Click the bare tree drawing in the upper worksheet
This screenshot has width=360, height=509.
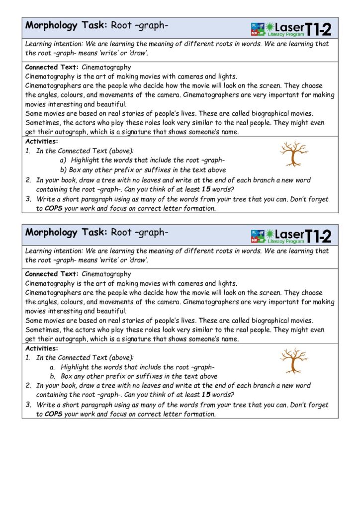point(294,153)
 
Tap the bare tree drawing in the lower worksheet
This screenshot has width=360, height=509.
point(294,360)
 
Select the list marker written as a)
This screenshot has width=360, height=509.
point(63,161)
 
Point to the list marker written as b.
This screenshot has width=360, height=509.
point(52,377)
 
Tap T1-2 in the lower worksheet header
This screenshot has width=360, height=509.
point(318,235)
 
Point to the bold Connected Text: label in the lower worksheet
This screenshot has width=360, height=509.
point(52,274)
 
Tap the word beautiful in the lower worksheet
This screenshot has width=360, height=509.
point(112,311)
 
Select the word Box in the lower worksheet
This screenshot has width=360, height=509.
point(67,377)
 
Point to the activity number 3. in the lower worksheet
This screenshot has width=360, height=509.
point(28,405)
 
